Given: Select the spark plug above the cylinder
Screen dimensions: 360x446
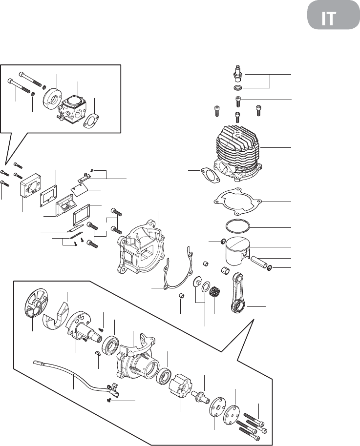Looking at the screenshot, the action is tap(237, 73).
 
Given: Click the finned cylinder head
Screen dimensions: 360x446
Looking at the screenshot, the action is tap(237, 153).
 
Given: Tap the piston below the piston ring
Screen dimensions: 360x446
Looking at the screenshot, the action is tap(237, 251).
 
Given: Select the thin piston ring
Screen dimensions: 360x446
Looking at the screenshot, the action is tap(238, 227).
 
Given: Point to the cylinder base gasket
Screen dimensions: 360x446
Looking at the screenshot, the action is tap(237, 202).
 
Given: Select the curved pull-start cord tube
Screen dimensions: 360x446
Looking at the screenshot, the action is tap(74, 376).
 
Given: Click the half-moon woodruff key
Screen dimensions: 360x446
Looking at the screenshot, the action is tap(97, 353).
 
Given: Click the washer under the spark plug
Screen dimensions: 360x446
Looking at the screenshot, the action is tap(237, 87).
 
